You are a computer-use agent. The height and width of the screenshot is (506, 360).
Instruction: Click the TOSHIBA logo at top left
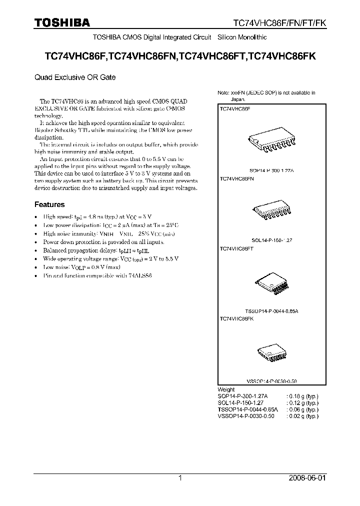(62, 23)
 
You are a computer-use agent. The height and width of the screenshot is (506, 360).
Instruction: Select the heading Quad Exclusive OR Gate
(75, 77)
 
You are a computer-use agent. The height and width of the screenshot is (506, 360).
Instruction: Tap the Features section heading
(49, 204)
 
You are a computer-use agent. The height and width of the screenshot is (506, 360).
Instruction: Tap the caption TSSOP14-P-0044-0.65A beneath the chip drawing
(271, 310)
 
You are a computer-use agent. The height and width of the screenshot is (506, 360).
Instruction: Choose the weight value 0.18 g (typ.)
(302, 395)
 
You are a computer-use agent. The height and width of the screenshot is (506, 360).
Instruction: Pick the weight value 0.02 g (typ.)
(302, 415)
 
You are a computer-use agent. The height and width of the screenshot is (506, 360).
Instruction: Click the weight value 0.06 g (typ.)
(302, 409)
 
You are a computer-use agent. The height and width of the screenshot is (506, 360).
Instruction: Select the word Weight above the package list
(226, 389)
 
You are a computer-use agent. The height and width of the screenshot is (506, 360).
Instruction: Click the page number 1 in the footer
(180, 478)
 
